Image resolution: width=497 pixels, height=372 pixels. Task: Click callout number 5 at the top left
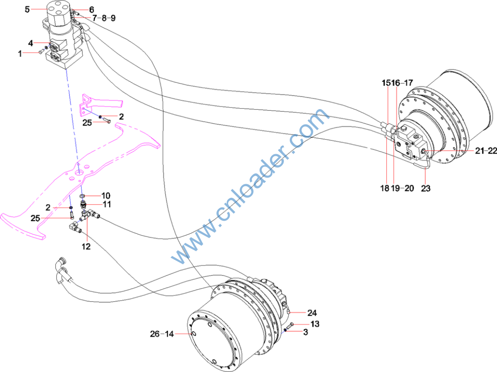[x=27, y=9]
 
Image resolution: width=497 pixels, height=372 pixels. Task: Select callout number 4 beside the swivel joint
[x=31, y=43]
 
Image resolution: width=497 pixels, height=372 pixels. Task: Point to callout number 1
[x=20, y=54]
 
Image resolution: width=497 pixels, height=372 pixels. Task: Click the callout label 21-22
[x=486, y=151]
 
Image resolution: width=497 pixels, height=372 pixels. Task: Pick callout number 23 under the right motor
[x=426, y=188]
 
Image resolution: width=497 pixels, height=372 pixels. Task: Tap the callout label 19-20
[x=403, y=188]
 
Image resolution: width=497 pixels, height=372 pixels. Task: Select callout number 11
[x=106, y=205]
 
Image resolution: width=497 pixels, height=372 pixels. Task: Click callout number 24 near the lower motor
[x=312, y=313]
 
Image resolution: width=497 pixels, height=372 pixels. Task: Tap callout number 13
[x=315, y=323]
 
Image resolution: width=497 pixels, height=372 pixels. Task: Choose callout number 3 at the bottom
[x=305, y=332]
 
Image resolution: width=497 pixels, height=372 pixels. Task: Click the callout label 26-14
[x=162, y=334]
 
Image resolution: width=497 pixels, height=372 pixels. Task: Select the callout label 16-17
[x=402, y=83]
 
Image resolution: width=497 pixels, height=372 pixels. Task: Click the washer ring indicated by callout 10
[x=83, y=196]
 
